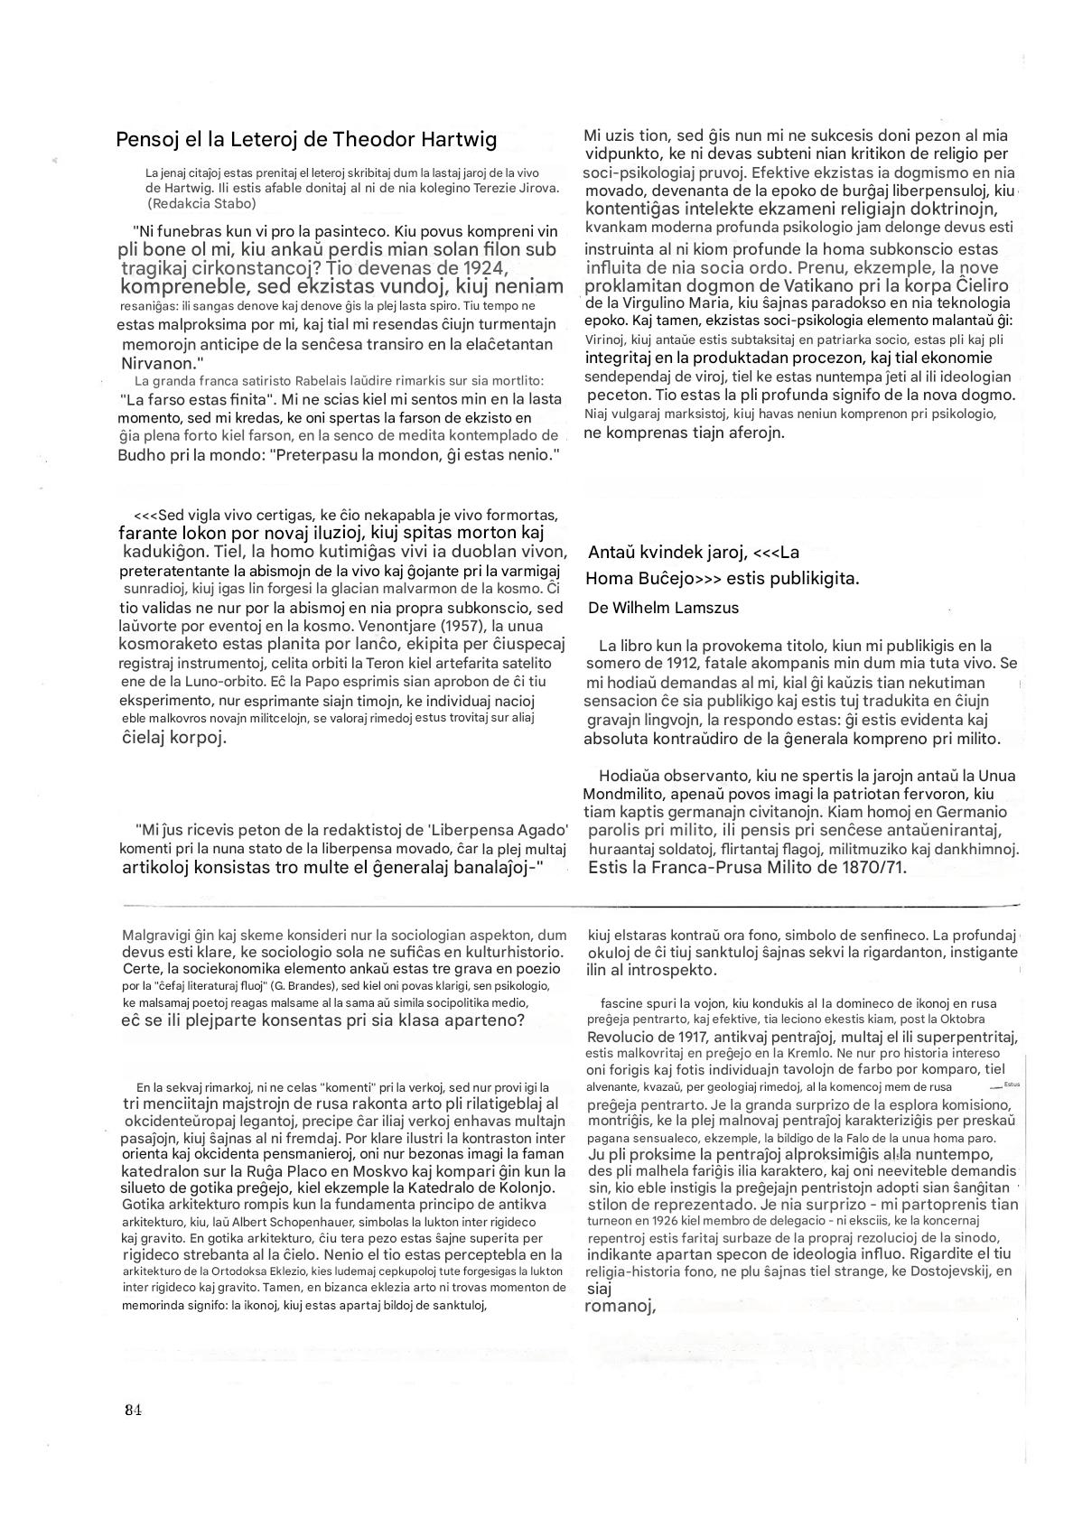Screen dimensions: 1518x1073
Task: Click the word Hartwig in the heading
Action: tap(456, 139)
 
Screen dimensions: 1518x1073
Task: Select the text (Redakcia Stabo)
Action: tap(201, 203)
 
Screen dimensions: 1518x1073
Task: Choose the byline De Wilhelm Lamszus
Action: tap(663, 608)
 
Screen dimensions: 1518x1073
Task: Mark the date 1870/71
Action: tap(870, 868)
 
